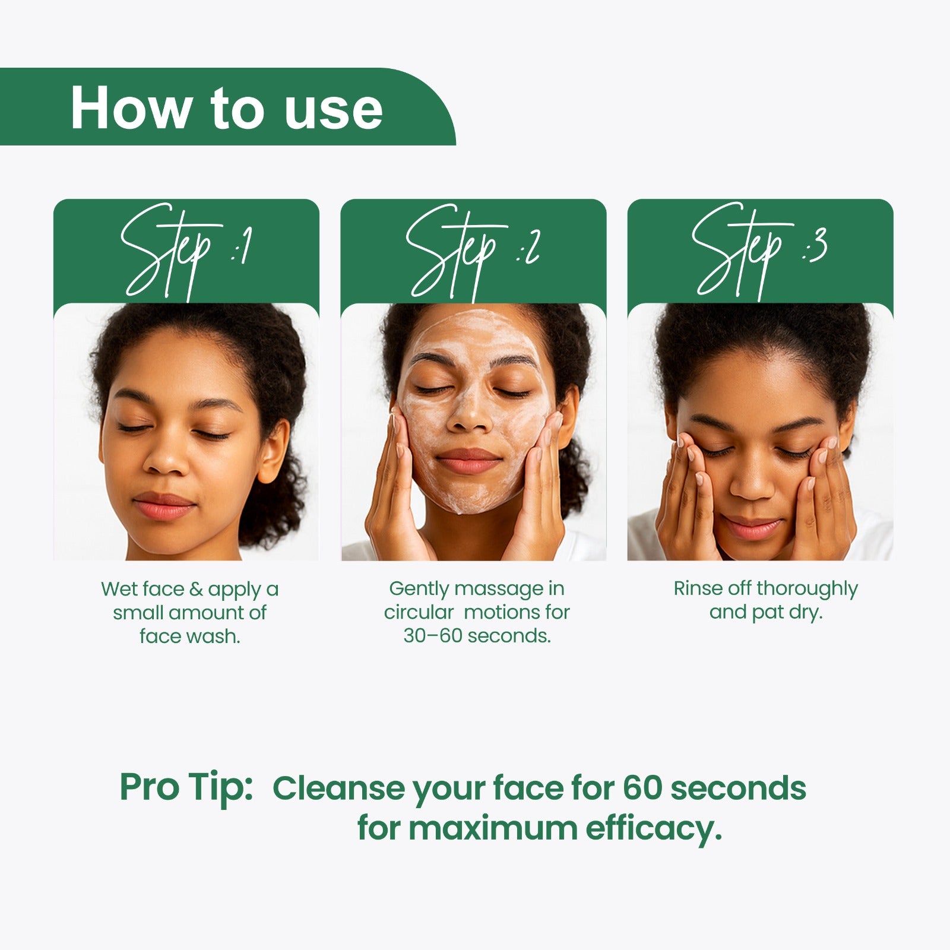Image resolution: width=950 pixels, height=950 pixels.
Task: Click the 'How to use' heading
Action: click(x=226, y=109)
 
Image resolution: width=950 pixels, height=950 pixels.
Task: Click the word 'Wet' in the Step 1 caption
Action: click(x=118, y=589)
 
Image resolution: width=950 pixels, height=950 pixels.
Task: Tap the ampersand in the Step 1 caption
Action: click(x=196, y=589)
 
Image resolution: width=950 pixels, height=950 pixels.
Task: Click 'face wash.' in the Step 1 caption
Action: click(x=190, y=636)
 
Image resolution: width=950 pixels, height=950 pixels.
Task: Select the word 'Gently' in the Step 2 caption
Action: click(x=419, y=589)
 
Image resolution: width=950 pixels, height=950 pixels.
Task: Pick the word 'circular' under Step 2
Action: click(x=419, y=612)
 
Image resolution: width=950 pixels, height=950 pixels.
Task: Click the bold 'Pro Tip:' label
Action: click(x=186, y=787)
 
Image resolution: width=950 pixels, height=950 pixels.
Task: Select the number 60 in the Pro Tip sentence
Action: click(x=642, y=788)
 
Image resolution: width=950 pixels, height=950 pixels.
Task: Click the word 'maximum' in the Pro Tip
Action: click(x=493, y=829)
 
